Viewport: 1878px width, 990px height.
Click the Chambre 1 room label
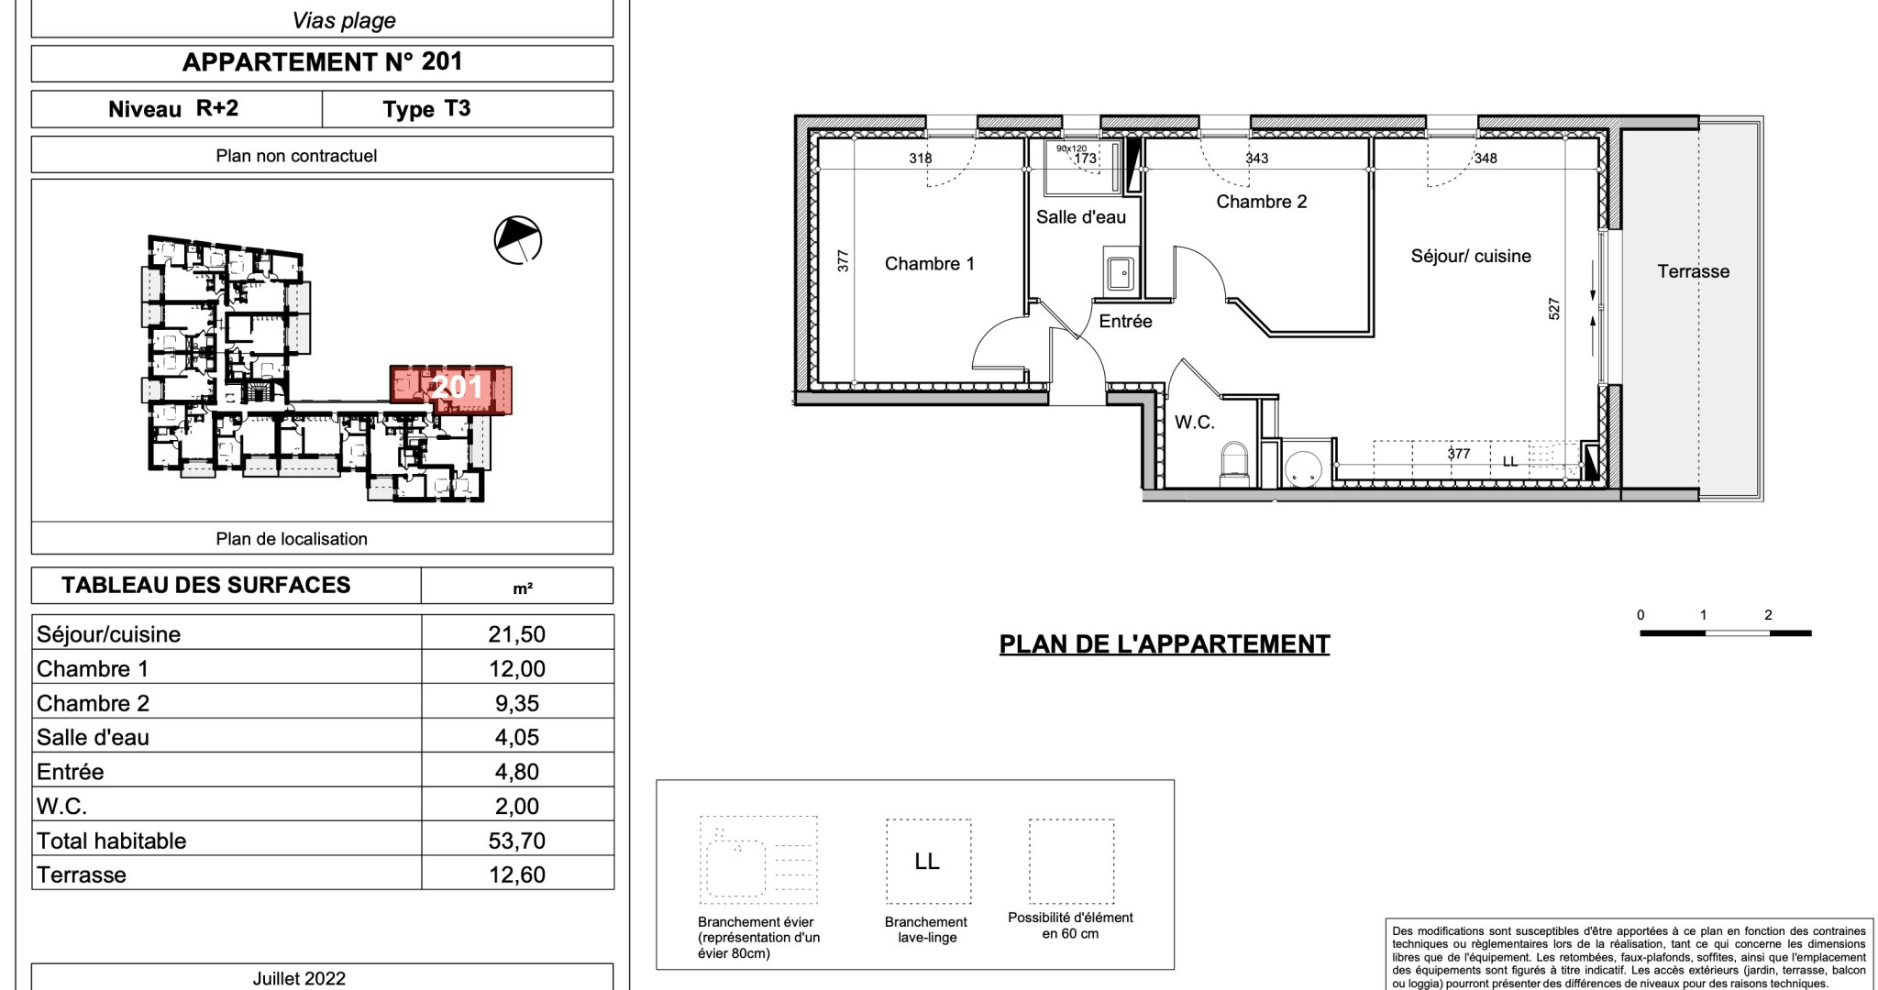pos(929,264)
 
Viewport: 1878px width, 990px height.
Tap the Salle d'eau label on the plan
pos(1080,217)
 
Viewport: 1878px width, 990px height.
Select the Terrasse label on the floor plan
pos(1693,271)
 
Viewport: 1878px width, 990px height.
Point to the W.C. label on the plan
pos(1194,423)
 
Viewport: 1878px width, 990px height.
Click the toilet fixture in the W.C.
pos(1234,463)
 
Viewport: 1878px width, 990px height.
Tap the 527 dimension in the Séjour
pos(1553,308)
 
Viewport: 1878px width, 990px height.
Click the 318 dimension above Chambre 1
pos(920,159)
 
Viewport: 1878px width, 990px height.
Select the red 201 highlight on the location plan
pos(451,390)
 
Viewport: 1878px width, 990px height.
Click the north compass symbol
pos(517,240)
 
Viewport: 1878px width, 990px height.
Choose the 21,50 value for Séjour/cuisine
pos(516,634)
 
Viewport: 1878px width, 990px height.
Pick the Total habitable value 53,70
pos(516,841)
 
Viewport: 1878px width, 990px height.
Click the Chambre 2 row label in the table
pos(93,703)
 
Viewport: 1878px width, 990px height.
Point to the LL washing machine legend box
pos(928,862)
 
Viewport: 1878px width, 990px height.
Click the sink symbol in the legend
pos(758,860)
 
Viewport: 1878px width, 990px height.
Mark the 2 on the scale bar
pos(1768,615)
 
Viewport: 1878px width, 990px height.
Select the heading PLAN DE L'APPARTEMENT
pos(1165,644)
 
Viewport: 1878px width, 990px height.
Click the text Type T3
pos(426,109)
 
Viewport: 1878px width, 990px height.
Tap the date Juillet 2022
pos(299,978)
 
